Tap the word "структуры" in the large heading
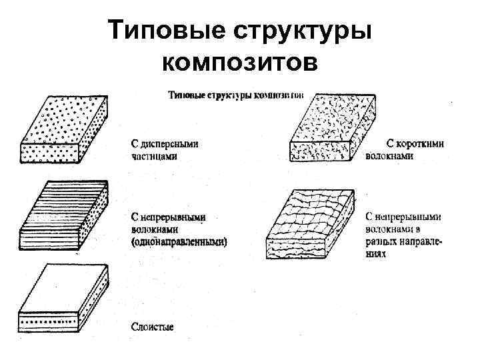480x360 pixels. coord(300,31)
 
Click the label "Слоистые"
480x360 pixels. coord(151,327)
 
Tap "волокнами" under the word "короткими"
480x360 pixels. coord(389,157)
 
